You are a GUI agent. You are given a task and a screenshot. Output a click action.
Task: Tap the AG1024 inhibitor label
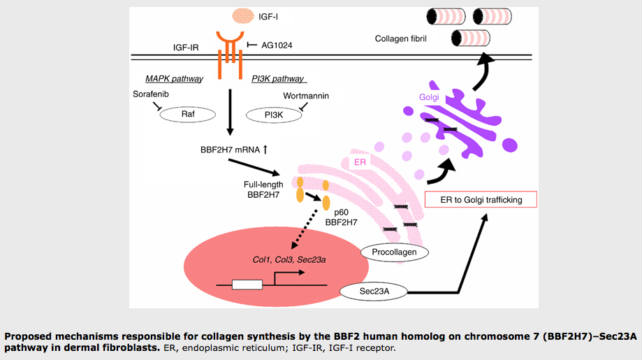coord(277,45)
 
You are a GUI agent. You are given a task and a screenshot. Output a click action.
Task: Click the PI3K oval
coord(273,115)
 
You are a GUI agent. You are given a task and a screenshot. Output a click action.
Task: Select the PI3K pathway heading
coord(277,78)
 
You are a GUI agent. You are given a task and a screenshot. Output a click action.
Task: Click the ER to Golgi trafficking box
coord(482,200)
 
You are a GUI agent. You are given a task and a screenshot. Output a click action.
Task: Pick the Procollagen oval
coord(395,251)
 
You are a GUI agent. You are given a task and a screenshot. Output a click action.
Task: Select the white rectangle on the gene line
coord(247,285)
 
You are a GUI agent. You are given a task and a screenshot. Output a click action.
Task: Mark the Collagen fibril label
coord(400,39)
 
